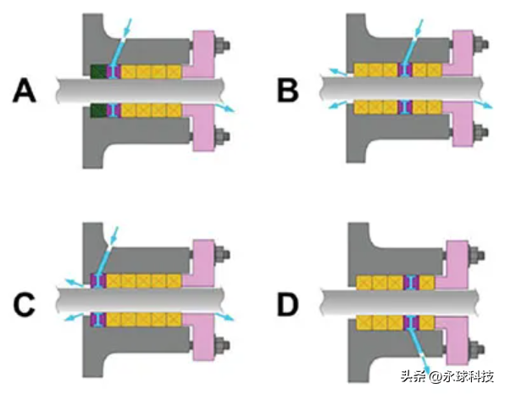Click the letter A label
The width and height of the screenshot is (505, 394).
pos(25,91)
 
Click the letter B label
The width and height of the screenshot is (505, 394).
pos(288,91)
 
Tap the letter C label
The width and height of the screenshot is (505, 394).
pos(25,305)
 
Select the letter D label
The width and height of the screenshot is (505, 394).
pos(288,305)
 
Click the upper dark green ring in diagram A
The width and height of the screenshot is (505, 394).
pos(98,71)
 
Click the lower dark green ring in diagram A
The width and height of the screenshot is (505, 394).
pos(98,110)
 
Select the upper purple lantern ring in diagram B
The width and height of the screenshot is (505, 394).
pos(405,70)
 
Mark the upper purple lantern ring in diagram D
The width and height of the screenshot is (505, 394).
pos(411,282)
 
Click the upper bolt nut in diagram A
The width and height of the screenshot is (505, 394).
pos(221,44)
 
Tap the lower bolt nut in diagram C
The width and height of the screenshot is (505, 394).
pos(221,345)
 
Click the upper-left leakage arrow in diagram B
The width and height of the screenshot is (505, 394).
pos(337,72)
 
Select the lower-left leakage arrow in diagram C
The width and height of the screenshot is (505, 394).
pos(75,317)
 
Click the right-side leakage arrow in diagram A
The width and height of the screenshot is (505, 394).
pos(225,108)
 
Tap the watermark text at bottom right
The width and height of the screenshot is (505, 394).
pos(447,376)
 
